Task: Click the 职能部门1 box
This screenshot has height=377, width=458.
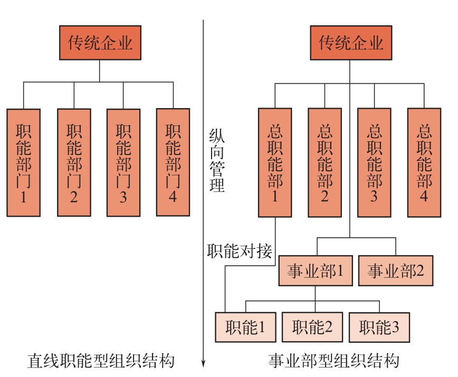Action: tap(24, 162)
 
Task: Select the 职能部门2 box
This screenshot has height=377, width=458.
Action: tap(74, 162)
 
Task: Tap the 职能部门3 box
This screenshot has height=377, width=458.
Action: tap(123, 162)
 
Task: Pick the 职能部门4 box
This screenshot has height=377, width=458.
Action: tap(173, 162)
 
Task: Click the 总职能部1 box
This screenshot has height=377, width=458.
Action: tap(275, 162)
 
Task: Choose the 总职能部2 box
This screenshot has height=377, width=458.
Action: tap(325, 162)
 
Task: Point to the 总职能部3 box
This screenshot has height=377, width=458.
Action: tap(374, 162)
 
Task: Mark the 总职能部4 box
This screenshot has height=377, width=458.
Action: tap(424, 162)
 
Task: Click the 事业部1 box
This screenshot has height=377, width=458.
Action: tap(316, 272)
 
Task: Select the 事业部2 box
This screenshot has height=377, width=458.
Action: tap(396, 272)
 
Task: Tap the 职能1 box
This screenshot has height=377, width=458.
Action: tap(246, 327)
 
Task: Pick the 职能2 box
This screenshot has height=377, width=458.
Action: tap(312, 327)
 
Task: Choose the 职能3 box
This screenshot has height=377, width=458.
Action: tap(379, 327)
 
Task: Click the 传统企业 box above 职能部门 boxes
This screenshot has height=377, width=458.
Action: tap(100, 43)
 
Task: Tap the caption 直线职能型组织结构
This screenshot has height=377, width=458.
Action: tap(100, 361)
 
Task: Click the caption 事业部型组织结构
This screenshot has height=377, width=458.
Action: tap(333, 361)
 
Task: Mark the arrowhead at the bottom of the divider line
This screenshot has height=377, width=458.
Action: tap(203, 363)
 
